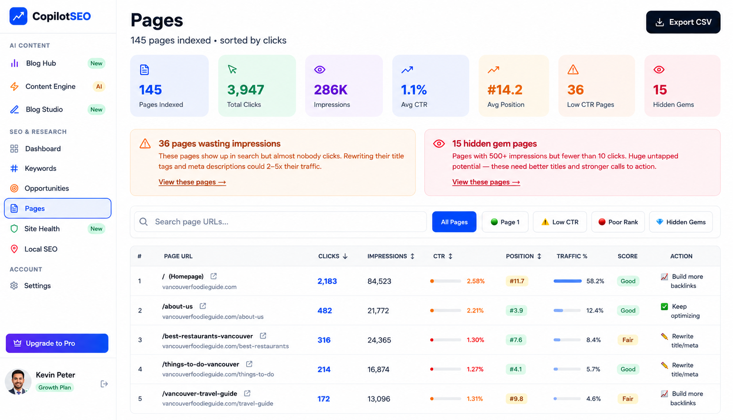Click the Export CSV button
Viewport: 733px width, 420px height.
click(683, 22)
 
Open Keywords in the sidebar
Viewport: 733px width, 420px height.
click(41, 168)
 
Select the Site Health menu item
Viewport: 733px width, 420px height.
click(42, 229)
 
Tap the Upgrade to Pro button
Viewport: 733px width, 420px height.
click(57, 343)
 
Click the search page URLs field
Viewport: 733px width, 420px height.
click(280, 222)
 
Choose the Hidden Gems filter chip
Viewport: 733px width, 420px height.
click(681, 222)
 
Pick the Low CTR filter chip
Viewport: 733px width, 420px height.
click(560, 222)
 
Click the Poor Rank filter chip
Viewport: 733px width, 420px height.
click(618, 222)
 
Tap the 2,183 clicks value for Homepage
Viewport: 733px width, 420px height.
click(327, 281)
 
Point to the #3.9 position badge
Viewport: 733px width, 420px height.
click(516, 310)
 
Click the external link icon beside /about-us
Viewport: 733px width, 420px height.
click(203, 306)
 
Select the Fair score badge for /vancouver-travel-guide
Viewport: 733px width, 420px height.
click(627, 399)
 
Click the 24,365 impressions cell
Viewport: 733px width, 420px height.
click(379, 340)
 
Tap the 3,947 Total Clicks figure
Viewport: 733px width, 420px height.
click(245, 90)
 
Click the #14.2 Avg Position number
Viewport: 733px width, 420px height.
click(504, 90)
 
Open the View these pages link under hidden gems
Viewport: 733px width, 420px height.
click(486, 182)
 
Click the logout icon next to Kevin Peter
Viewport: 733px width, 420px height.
click(104, 384)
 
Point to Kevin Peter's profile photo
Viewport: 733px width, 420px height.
click(18, 381)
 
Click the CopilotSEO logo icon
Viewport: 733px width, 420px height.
click(18, 16)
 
